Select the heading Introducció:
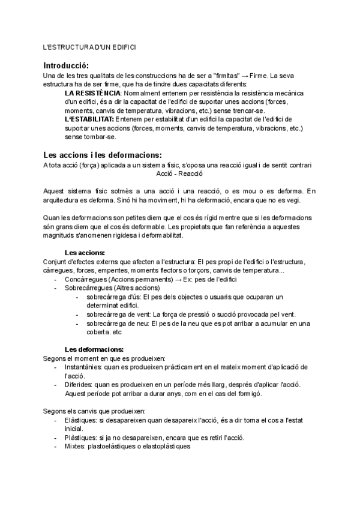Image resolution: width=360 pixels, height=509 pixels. (x=66, y=65)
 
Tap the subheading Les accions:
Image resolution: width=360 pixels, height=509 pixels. (x=85, y=253)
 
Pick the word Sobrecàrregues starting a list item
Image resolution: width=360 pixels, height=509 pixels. (x=89, y=288)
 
